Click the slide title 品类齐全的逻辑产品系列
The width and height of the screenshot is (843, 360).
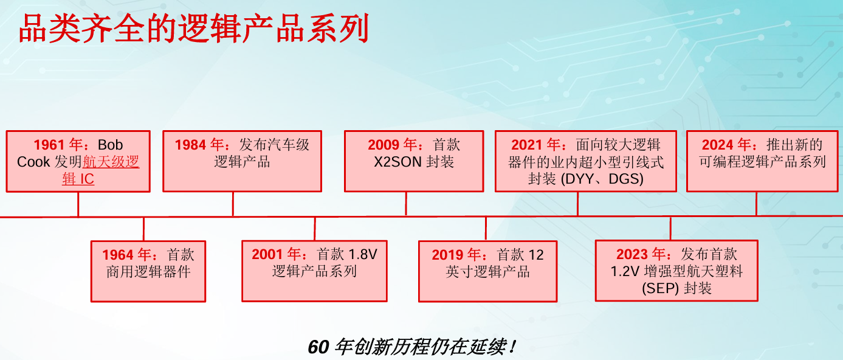193,29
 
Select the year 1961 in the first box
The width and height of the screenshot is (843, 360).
49,145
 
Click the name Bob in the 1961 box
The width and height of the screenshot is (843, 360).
110,145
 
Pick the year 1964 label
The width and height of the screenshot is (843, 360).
118,255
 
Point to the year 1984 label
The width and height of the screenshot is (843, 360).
190,145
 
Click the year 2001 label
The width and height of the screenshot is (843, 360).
267,255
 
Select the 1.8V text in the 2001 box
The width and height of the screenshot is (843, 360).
362,255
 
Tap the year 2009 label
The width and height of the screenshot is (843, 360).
384,145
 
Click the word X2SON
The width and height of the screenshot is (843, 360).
397,162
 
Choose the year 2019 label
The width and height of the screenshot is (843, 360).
447,255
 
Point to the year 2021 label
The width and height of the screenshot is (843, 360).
526,145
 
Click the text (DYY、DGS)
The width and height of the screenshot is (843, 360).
602,179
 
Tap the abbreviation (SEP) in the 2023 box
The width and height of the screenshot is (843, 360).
661,289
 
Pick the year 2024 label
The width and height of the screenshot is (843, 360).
717,145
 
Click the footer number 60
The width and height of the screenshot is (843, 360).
318,347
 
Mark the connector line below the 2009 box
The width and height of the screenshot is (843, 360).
405,204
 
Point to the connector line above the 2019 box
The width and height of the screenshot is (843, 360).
486,229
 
